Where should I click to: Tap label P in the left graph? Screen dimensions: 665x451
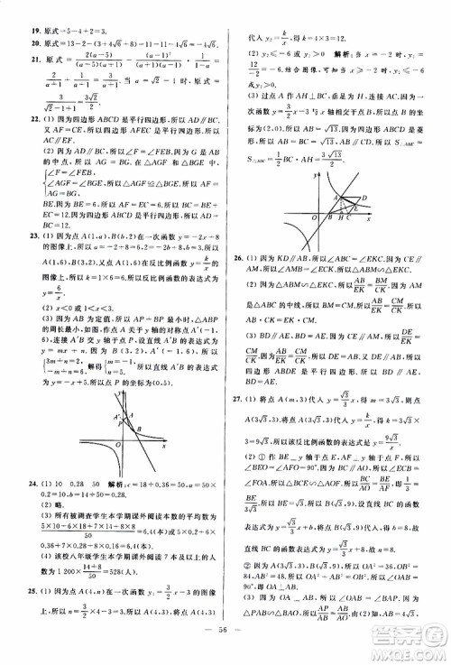pyautogui.click(x=115, y=406)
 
